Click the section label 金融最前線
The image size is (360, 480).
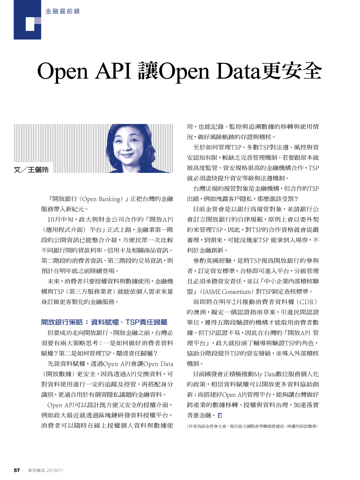62,12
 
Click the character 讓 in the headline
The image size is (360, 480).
148,71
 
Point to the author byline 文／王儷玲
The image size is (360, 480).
31,170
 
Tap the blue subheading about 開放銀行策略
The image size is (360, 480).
104,322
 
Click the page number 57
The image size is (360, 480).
17,470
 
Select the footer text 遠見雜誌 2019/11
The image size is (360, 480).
45,470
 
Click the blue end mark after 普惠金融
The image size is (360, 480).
220,415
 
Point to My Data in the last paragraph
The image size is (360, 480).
266,374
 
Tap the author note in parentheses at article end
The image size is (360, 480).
252,426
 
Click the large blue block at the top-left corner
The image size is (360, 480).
27,20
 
